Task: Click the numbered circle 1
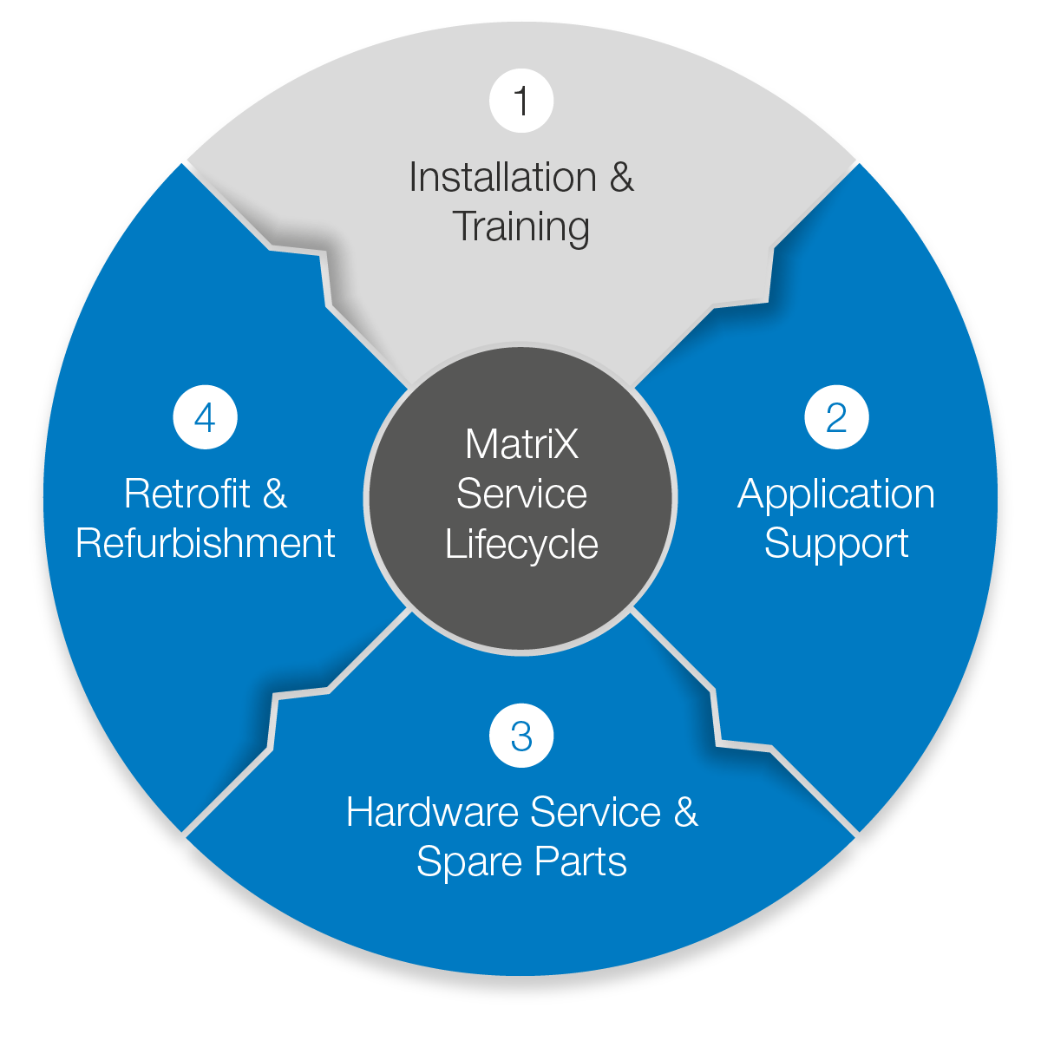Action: [x=521, y=101]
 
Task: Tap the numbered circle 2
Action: [x=836, y=417]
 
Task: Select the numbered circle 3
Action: [x=521, y=736]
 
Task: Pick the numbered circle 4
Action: [x=206, y=417]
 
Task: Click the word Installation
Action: [x=502, y=178]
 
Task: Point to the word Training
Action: [x=521, y=227]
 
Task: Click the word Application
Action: [x=836, y=494]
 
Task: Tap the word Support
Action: [x=836, y=544]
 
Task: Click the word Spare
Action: [x=470, y=862]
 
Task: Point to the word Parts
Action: [x=580, y=862]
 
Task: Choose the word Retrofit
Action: [x=187, y=494]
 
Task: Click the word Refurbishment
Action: [x=206, y=544]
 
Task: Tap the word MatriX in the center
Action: [x=521, y=445]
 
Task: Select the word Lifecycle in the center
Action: [x=521, y=545]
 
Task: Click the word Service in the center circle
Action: [x=521, y=494]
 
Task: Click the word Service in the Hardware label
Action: [x=595, y=813]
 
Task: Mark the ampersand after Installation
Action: [x=621, y=178]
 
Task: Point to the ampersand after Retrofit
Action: [x=274, y=494]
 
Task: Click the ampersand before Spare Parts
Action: [x=685, y=813]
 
